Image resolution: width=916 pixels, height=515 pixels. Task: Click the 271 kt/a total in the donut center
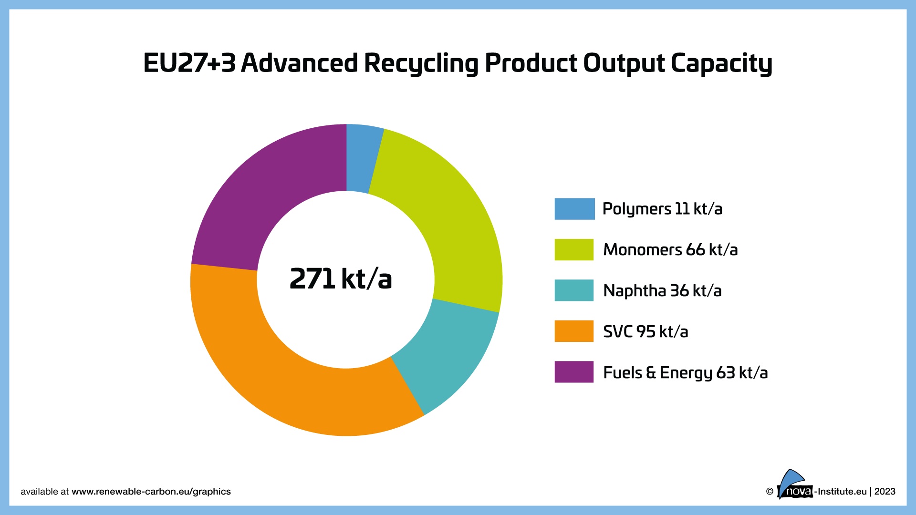coord(341,279)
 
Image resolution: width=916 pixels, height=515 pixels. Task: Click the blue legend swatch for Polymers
coord(574,209)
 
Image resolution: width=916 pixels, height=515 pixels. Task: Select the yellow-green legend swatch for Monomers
coord(574,249)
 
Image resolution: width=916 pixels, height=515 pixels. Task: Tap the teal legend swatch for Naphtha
coord(574,290)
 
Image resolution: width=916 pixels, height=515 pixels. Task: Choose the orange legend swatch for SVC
coord(574,331)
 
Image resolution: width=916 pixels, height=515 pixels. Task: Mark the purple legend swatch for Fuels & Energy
coord(574,372)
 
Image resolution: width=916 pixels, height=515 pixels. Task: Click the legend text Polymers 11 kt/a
coord(662,209)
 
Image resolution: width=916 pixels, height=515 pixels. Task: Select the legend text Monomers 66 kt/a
coord(670,249)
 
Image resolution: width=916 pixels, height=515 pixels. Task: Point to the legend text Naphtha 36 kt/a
coord(662,290)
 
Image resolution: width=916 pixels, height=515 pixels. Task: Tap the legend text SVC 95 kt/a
coord(645,331)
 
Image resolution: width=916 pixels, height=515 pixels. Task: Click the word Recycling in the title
coord(421,63)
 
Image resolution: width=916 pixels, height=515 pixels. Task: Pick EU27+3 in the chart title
coord(189,63)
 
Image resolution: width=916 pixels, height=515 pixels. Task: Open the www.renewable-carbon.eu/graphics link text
coord(151,492)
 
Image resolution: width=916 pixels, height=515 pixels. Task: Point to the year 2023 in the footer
coord(885,492)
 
